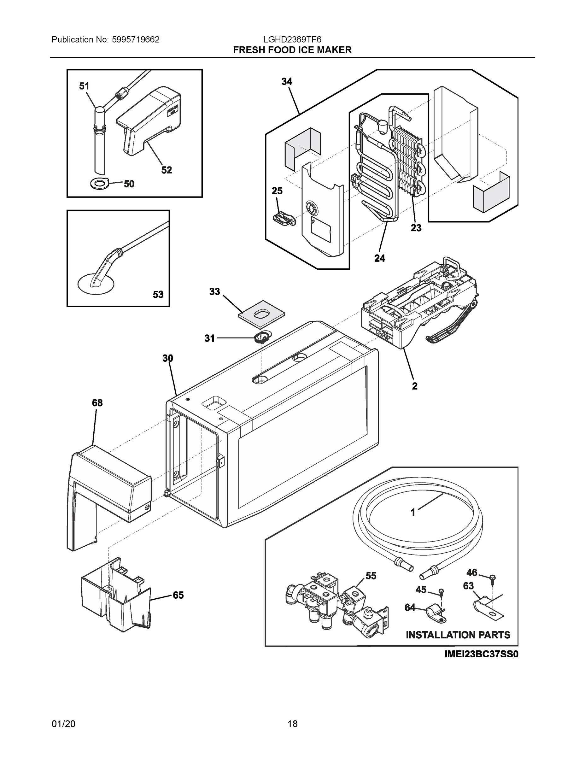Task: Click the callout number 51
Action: click(84, 86)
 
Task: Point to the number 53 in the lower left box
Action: click(158, 295)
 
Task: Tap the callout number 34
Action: click(287, 82)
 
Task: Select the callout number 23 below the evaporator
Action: click(416, 228)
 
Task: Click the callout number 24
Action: click(379, 258)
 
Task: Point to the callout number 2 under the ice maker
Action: click(414, 386)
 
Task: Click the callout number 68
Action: click(97, 403)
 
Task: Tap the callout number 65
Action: click(178, 595)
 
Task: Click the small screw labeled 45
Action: click(441, 591)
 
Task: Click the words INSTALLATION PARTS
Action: click(458, 635)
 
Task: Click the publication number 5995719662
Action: click(136, 40)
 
